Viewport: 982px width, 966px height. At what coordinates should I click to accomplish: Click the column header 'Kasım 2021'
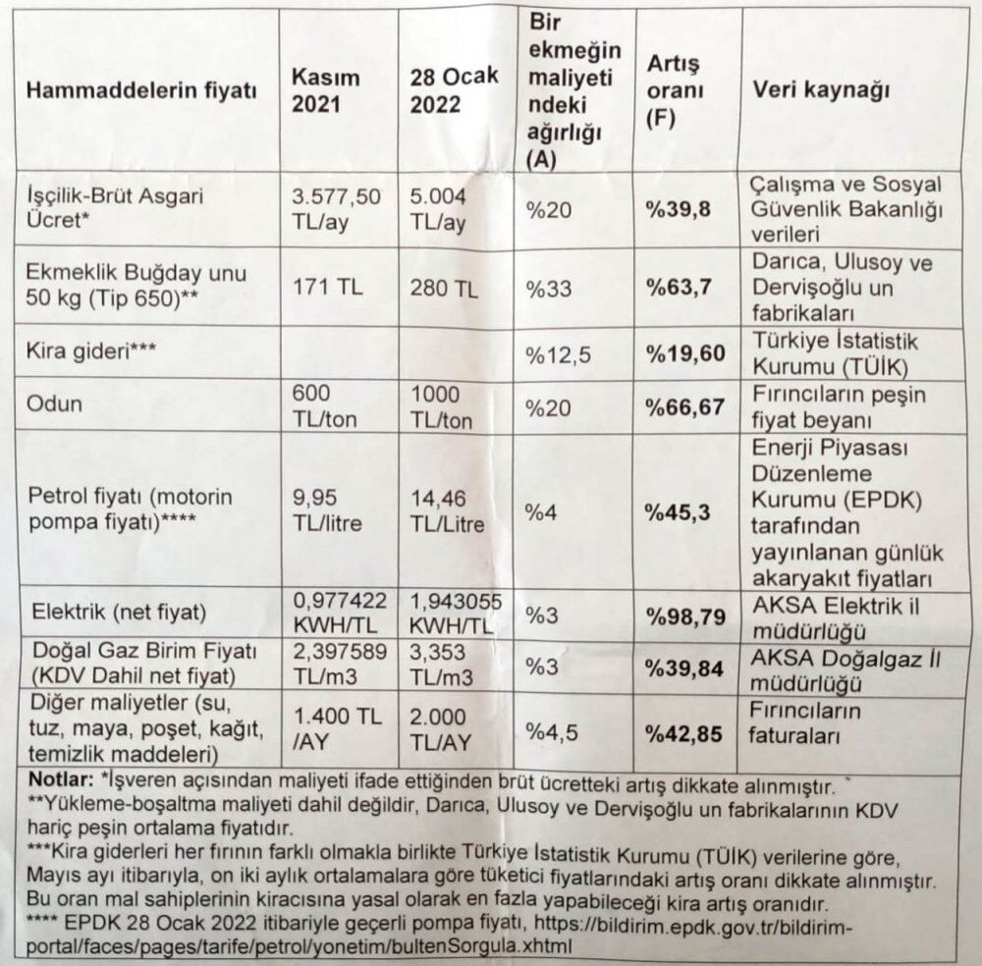[326, 90]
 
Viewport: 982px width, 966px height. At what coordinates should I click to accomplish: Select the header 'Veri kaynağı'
[821, 90]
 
